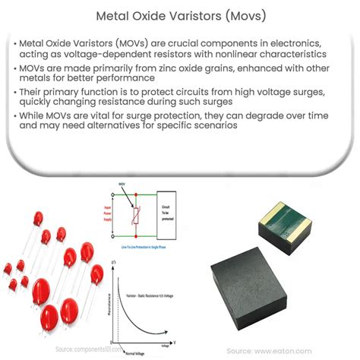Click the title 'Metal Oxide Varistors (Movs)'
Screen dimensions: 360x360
pyautogui.click(x=180, y=14)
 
